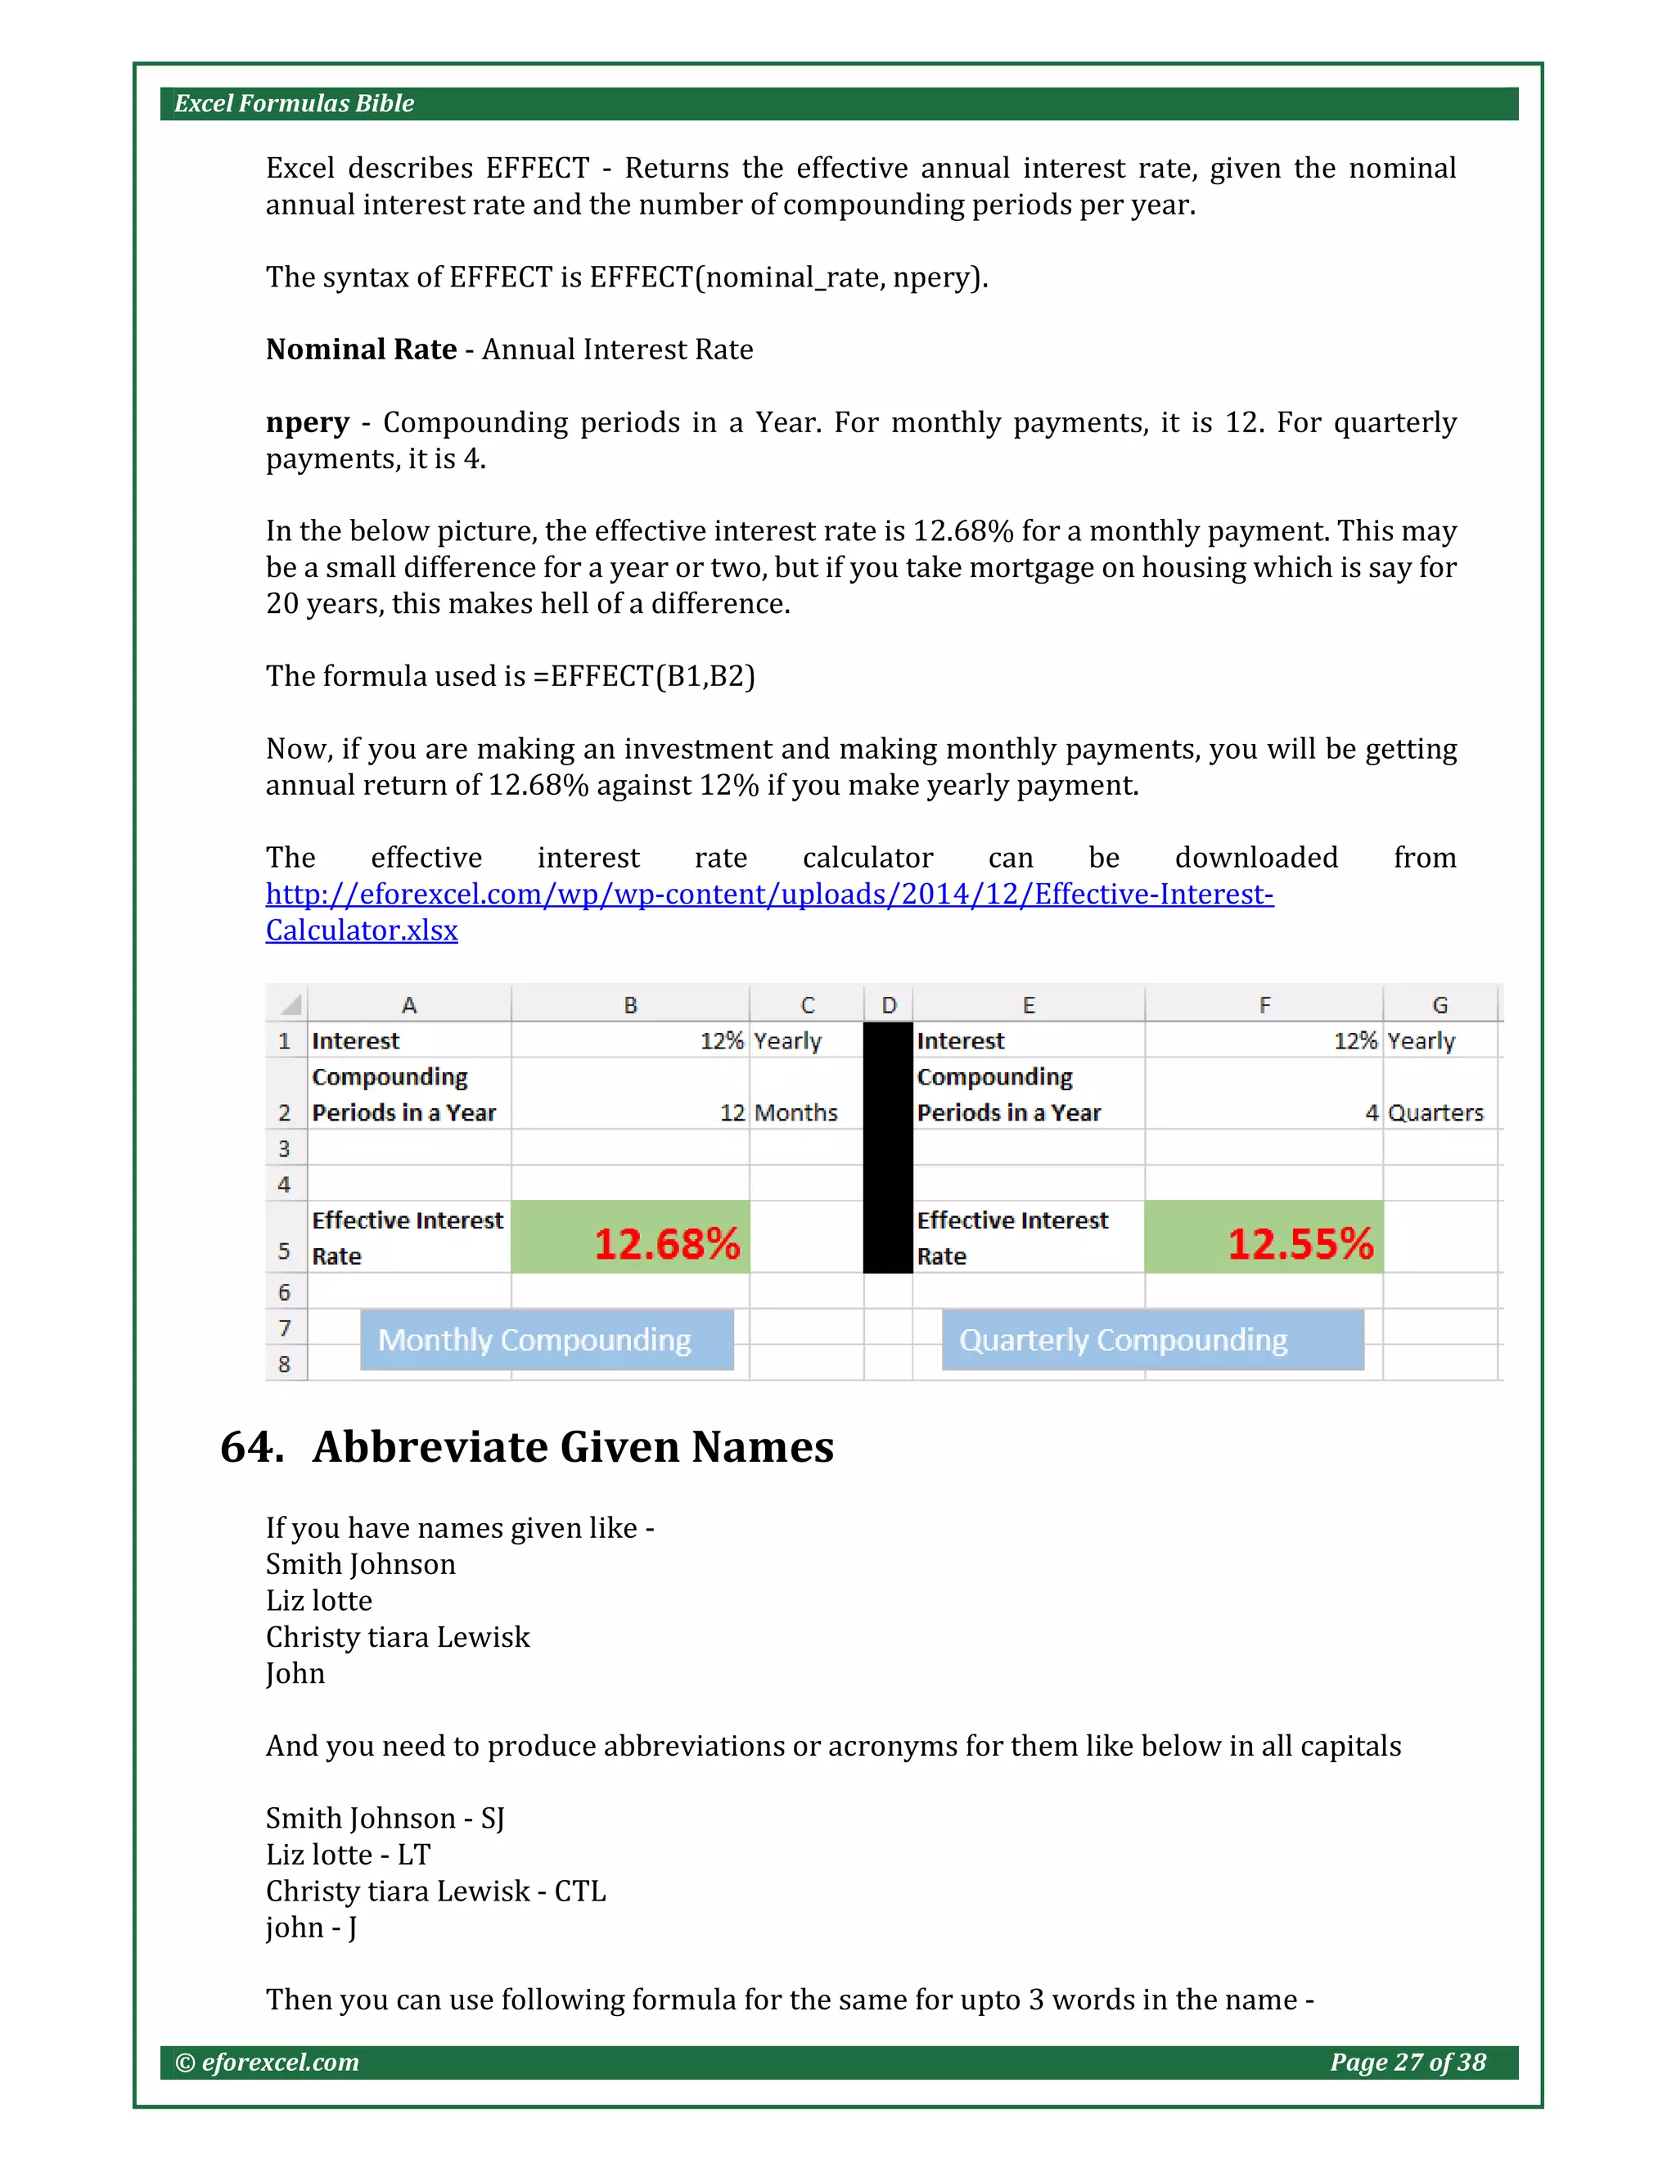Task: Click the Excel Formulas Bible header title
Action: click(294, 103)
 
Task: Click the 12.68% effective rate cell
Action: click(630, 1238)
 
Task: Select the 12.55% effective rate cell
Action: click(1263, 1238)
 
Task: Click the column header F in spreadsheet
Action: click(1264, 1005)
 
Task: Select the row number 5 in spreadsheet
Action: click(285, 1251)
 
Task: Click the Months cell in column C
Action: click(795, 1113)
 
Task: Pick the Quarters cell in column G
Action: click(1435, 1113)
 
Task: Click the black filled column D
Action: click(888, 1147)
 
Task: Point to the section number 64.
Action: click(252, 1447)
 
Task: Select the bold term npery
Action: click(307, 423)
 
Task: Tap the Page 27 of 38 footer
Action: click(1407, 2063)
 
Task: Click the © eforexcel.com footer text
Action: click(267, 2063)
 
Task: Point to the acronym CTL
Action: click(580, 1891)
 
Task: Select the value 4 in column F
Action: click(1372, 1113)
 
